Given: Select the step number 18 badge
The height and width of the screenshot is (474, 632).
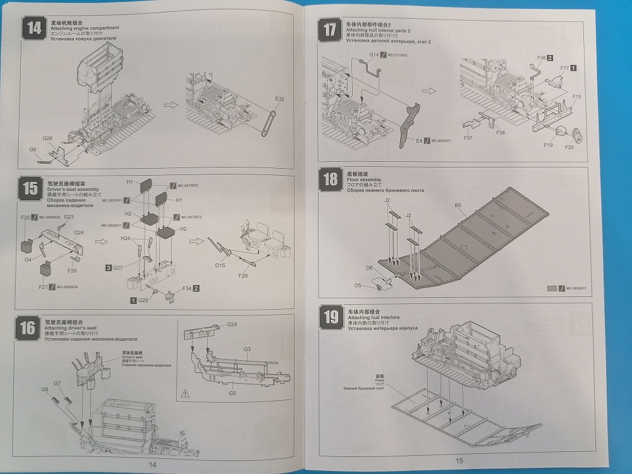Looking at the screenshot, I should tap(329, 179).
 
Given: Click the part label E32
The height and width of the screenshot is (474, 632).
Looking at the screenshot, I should tap(280, 99).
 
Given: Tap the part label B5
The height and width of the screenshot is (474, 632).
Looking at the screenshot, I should tap(458, 205).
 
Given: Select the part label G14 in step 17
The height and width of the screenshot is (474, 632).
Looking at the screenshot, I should tap(374, 56).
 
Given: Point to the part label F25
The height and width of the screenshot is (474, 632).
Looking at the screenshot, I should tap(569, 147).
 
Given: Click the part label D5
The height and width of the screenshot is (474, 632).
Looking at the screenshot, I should tap(357, 286).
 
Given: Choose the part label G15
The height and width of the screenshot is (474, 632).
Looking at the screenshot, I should tap(220, 265).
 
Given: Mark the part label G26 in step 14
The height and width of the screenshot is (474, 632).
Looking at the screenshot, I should tap(47, 138).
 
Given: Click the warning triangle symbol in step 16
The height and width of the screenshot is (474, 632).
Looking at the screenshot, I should tap(185, 393).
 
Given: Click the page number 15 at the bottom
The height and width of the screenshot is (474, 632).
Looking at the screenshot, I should tap(459, 461).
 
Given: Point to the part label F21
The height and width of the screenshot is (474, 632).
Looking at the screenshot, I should tap(43, 287).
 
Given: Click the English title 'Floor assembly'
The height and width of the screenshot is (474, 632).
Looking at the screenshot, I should tap(363, 178).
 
